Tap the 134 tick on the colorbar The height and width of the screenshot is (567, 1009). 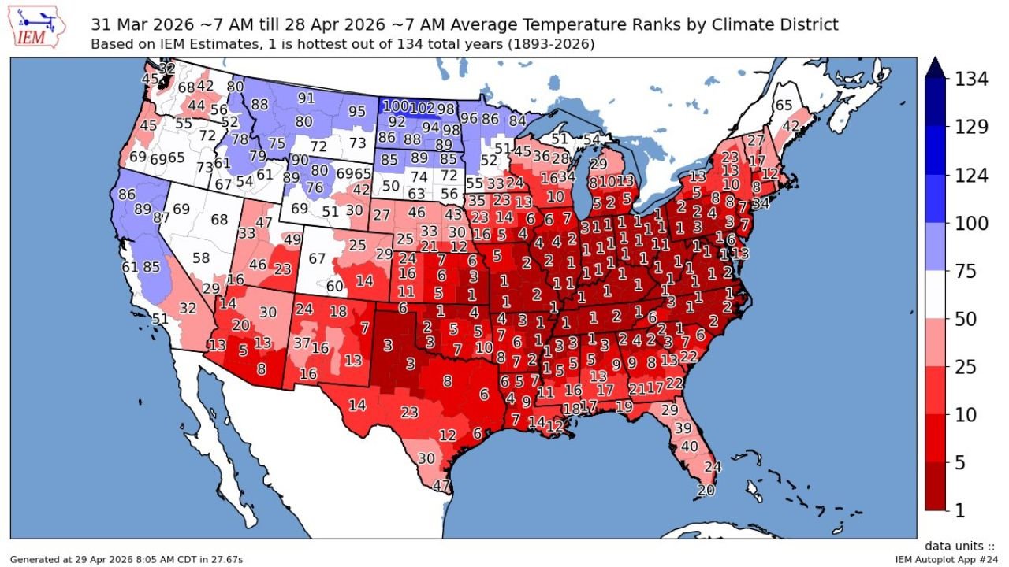point(971,80)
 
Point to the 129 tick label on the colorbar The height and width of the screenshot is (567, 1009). point(971,128)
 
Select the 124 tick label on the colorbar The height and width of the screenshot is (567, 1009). point(971,176)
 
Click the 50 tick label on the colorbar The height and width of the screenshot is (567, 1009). point(966,319)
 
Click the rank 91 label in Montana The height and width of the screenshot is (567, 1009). point(306,98)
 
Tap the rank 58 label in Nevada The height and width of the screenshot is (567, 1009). point(201,258)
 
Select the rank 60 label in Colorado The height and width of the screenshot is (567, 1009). point(335,286)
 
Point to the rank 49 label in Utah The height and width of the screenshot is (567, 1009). point(292,239)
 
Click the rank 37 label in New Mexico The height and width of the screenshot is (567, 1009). point(302,343)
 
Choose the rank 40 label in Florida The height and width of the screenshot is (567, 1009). point(689,446)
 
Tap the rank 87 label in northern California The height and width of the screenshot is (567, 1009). point(161,218)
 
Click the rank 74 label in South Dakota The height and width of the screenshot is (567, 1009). point(420,177)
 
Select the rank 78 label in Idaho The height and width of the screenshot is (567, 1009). point(240,140)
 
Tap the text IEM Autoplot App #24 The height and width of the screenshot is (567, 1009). point(946,559)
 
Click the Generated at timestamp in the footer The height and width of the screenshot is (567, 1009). point(126,559)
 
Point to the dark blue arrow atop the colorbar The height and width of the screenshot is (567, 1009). point(936,69)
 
